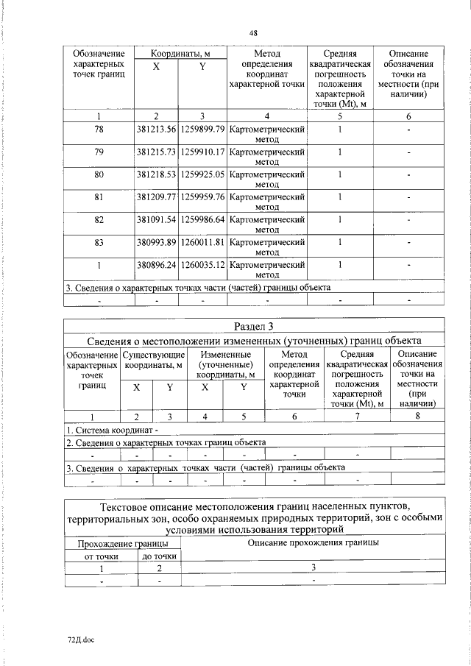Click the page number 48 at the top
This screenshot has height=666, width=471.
(253, 33)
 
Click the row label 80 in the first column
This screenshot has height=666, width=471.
(99, 174)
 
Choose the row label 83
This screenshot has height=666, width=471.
(99, 242)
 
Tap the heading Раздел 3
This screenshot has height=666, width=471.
(253, 326)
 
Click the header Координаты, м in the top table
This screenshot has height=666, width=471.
(180, 54)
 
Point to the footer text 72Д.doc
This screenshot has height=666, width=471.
(81, 640)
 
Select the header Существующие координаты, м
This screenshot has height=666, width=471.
(154, 361)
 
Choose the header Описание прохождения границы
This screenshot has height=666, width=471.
(313, 542)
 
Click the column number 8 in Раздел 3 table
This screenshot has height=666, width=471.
(417, 417)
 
